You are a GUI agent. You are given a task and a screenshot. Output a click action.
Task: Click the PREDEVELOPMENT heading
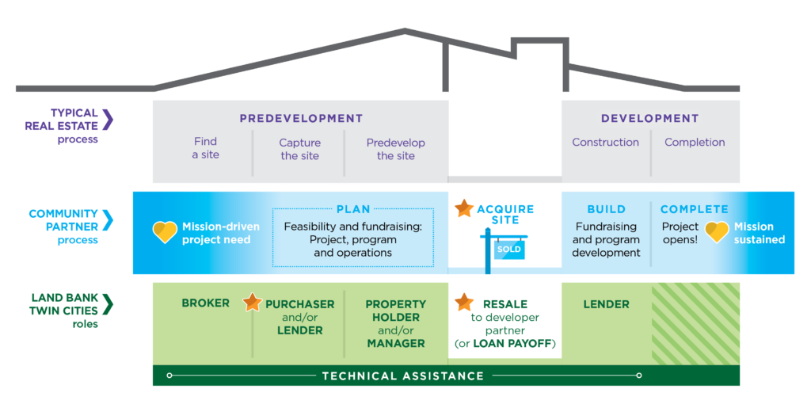click(x=301, y=119)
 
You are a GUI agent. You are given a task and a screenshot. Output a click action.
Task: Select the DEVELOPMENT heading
click(x=649, y=119)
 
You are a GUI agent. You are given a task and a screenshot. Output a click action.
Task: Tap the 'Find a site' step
click(x=205, y=148)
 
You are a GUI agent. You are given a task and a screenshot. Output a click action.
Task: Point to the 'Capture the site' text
click(x=300, y=149)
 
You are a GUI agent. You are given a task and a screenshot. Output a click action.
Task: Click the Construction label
click(x=605, y=143)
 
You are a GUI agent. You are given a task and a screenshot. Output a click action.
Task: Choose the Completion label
click(x=695, y=143)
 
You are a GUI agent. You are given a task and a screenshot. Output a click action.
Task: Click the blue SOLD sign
click(x=508, y=249)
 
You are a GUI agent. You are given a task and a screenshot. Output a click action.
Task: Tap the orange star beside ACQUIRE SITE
click(x=464, y=208)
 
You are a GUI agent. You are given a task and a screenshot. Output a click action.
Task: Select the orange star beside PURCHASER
click(x=252, y=302)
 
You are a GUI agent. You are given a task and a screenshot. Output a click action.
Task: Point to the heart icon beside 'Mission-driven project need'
click(x=165, y=232)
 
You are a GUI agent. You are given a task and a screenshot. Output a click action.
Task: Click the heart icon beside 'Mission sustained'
click(x=717, y=232)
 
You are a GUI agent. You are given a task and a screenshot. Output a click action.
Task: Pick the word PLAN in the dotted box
click(x=353, y=210)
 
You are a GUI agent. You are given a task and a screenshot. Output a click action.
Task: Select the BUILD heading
click(x=606, y=210)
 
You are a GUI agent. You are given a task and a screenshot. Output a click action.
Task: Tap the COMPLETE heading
click(x=694, y=210)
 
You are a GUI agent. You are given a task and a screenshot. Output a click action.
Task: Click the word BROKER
click(x=205, y=303)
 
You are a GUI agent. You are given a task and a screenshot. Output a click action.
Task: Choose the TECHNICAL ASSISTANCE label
click(x=402, y=376)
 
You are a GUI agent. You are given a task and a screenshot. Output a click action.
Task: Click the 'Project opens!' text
click(x=680, y=233)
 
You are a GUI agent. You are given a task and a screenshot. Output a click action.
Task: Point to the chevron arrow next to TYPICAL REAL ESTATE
click(x=108, y=120)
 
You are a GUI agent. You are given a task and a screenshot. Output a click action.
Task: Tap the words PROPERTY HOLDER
click(x=395, y=311)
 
